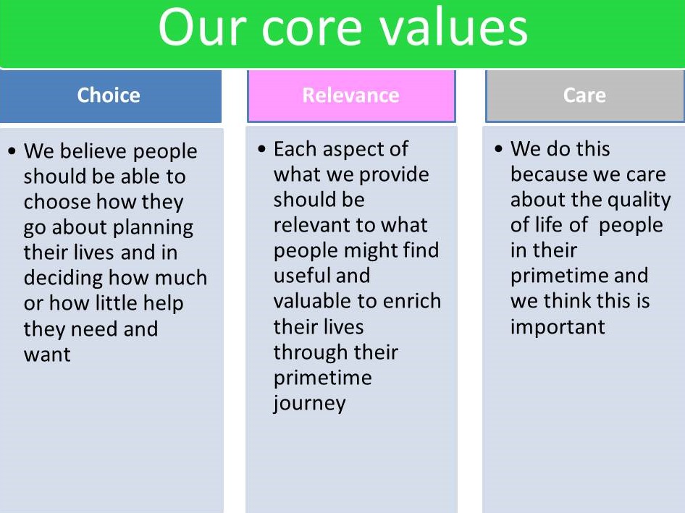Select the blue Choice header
point(109,96)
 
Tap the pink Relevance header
point(350,96)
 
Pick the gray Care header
point(584,96)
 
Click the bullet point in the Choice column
point(13,152)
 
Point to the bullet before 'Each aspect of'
point(262,150)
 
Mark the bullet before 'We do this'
point(499,150)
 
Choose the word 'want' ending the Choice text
point(47,355)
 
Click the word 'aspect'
point(358,150)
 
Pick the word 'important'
point(557,326)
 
